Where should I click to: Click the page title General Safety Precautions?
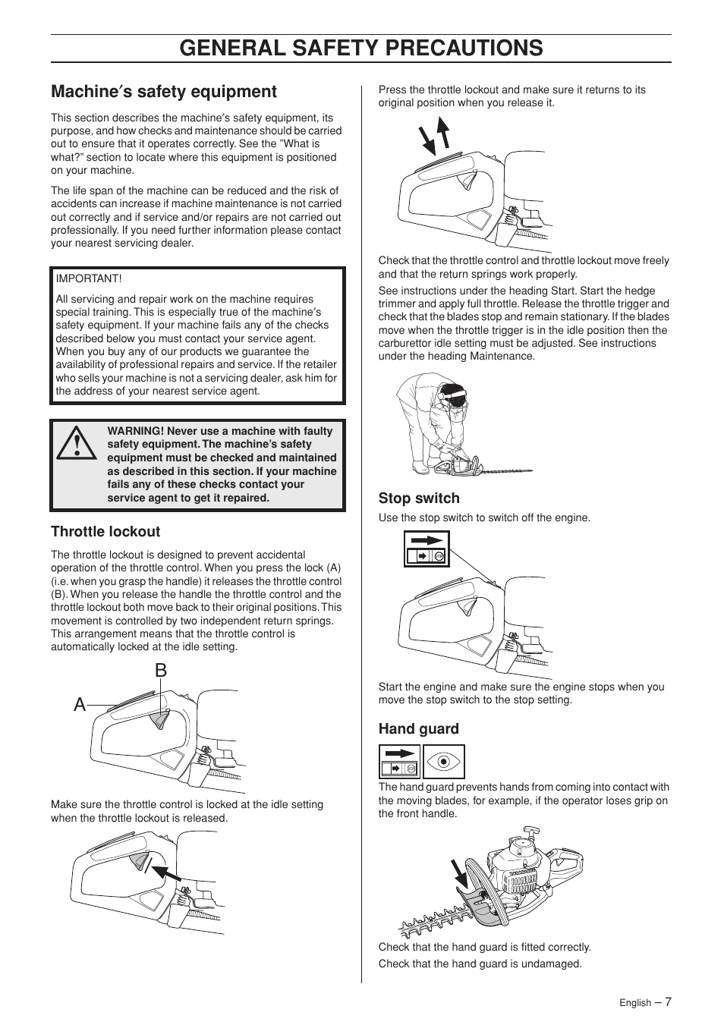pyautogui.click(x=361, y=48)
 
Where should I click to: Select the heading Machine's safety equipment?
pyautogui.click(x=164, y=92)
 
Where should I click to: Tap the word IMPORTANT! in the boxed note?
pyautogui.click(x=89, y=279)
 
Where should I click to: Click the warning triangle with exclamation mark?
pyautogui.click(x=76, y=445)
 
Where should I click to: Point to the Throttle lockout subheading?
pyautogui.click(x=105, y=532)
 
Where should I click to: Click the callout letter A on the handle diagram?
pyautogui.click(x=80, y=705)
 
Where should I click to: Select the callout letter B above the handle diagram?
pyautogui.click(x=160, y=671)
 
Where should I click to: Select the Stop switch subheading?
pyautogui.click(x=419, y=498)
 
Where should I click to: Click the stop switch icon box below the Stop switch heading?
pyautogui.click(x=427, y=549)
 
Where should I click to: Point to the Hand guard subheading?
pyautogui.click(x=419, y=729)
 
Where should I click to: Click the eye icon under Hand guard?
pyautogui.click(x=444, y=762)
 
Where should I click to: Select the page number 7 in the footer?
pyautogui.click(x=668, y=1001)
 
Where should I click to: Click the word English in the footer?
pyautogui.click(x=634, y=1003)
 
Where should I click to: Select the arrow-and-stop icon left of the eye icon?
pyautogui.click(x=399, y=762)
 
